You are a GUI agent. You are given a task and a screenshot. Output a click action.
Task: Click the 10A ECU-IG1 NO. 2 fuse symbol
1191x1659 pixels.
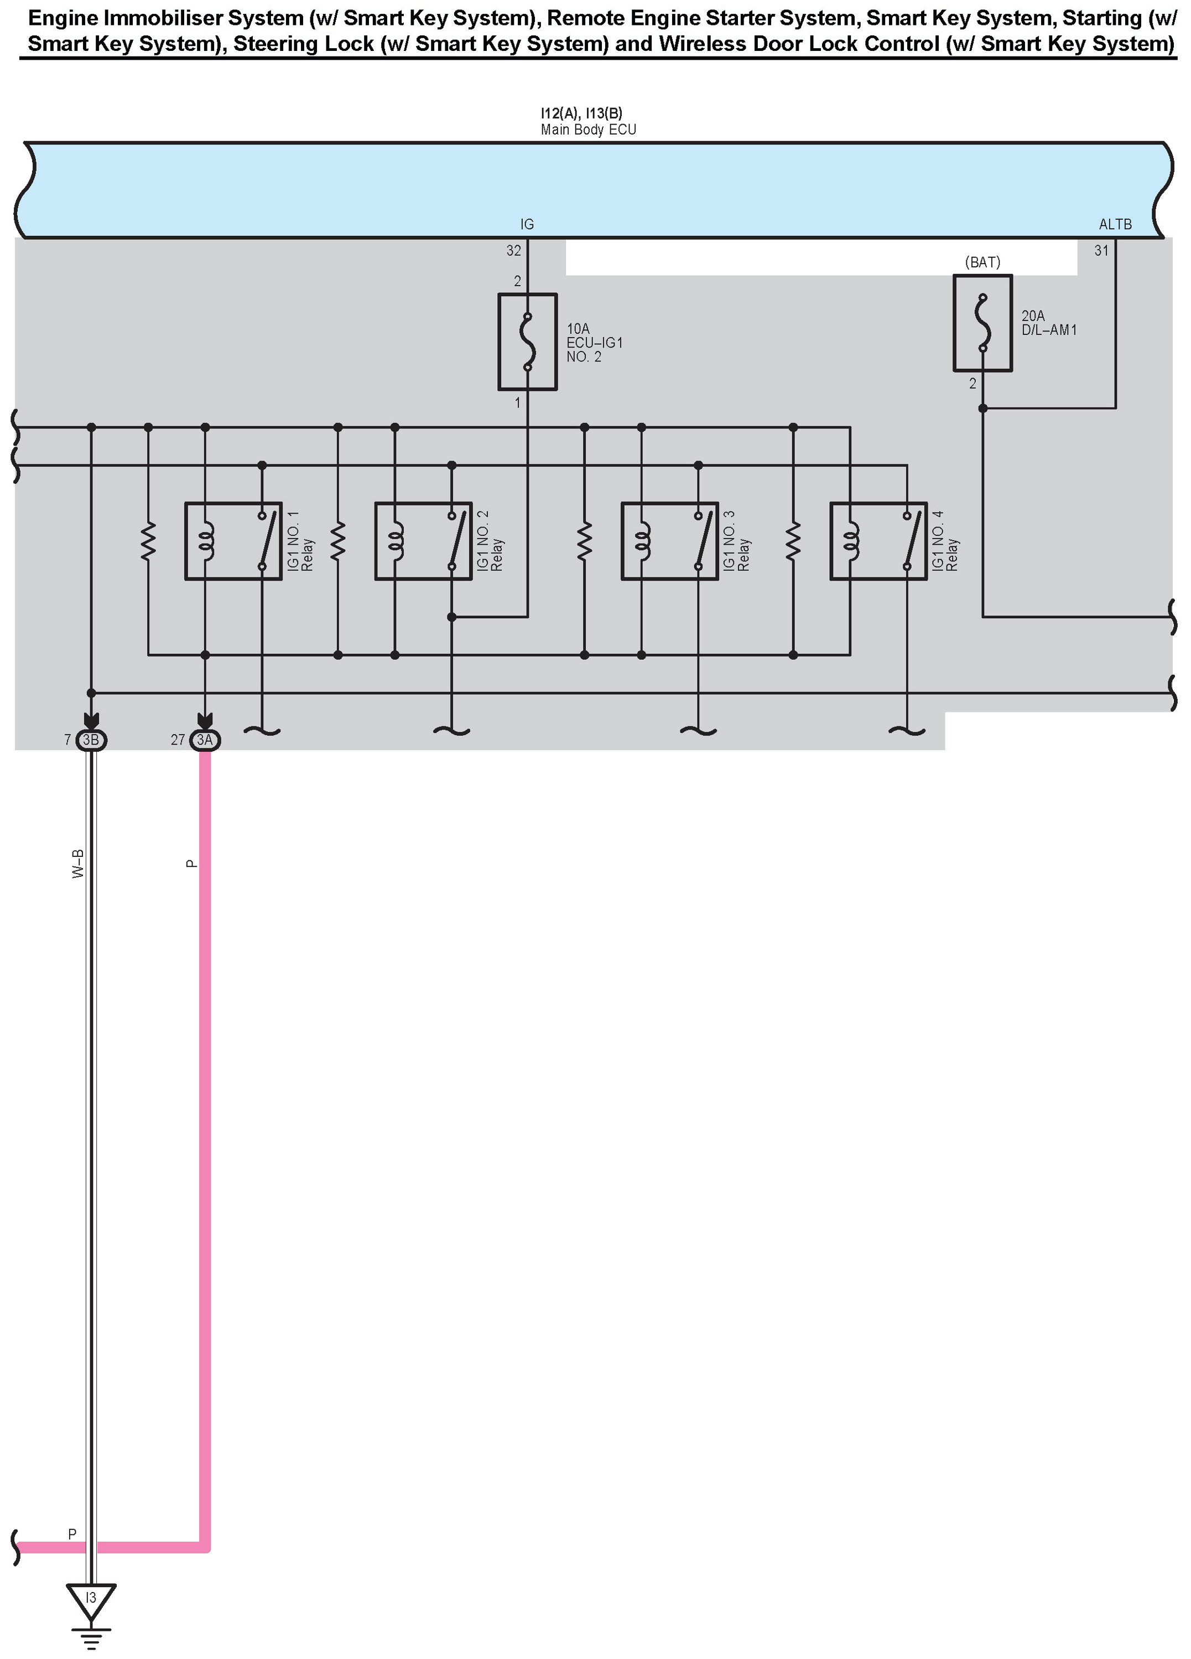(527, 342)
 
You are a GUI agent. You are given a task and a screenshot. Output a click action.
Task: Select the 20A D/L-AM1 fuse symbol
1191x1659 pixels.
(982, 323)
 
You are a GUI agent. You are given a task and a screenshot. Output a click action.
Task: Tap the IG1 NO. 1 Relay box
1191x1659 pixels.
(233, 541)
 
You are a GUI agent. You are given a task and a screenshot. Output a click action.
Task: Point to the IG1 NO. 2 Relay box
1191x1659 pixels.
(423, 541)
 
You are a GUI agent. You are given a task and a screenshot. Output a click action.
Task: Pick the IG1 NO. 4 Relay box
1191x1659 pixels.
(878, 541)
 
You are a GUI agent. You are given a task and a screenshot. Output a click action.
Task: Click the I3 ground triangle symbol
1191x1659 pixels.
(91, 1600)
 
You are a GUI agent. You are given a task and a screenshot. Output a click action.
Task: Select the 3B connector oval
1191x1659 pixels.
(91, 740)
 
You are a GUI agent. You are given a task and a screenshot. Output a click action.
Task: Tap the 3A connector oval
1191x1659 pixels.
(205, 740)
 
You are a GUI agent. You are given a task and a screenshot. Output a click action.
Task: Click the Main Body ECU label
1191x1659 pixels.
(588, 130)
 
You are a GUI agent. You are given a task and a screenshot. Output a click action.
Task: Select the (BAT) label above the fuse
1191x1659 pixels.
(982, 262)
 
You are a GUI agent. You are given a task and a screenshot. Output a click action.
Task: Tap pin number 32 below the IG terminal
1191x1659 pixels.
(513, 251)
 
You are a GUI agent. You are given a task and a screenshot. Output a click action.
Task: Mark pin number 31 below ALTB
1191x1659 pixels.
(1101, 251)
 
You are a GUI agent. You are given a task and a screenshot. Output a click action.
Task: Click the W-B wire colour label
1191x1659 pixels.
(78, 863)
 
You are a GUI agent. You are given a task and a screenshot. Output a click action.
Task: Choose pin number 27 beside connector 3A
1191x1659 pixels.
(178, 740)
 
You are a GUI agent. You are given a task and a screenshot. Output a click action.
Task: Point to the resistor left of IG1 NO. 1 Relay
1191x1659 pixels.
(148, 542)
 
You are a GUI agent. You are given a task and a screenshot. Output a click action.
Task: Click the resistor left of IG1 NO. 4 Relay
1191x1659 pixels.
(793, 542)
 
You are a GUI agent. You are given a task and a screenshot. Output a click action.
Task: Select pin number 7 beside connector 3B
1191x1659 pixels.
(67, 740)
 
